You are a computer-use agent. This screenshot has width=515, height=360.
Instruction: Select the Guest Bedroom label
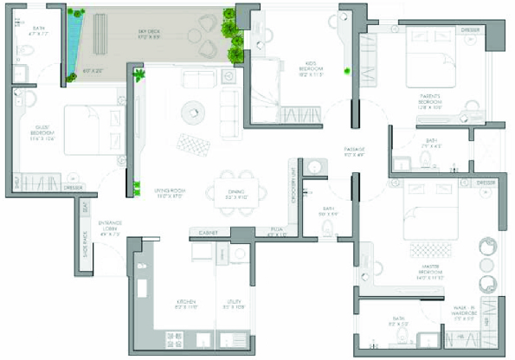point(43,134)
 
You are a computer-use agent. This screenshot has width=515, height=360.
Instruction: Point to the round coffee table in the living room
point(190,111)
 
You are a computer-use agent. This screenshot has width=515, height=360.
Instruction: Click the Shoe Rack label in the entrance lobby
point(85,242)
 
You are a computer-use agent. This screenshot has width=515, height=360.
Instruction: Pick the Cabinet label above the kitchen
point(208,233)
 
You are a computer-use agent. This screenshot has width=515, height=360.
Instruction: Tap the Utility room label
point(234,304)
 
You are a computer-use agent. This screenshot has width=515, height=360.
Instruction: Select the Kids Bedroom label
point(312,72)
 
